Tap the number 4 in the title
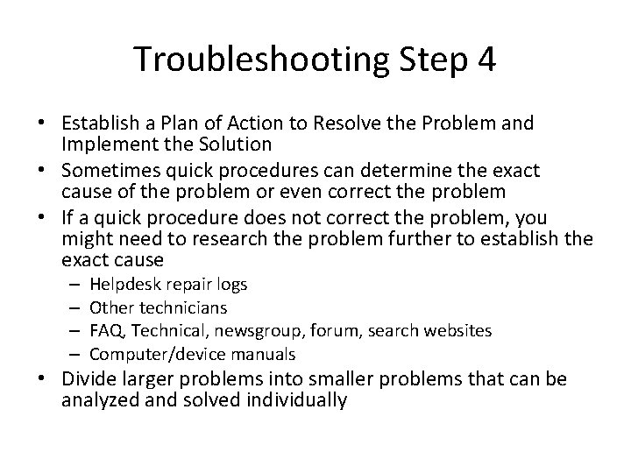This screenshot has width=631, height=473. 486,60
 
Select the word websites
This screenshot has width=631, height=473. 457,331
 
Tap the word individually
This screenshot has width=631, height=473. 297,400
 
